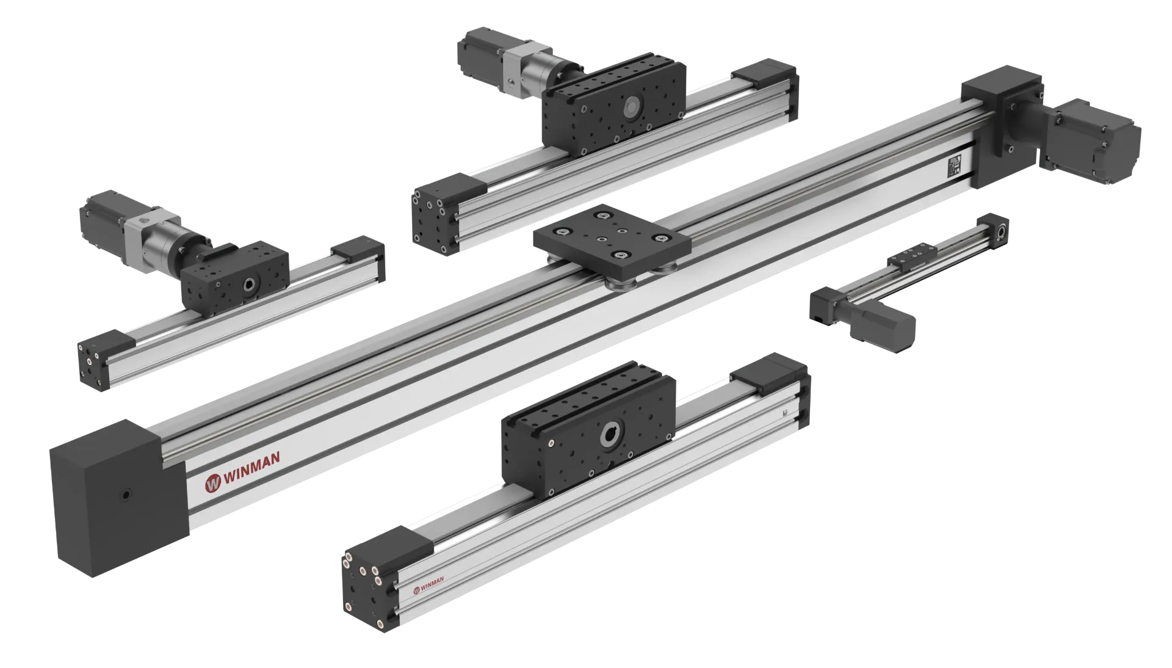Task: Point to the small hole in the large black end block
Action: click(x=126, y=495)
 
